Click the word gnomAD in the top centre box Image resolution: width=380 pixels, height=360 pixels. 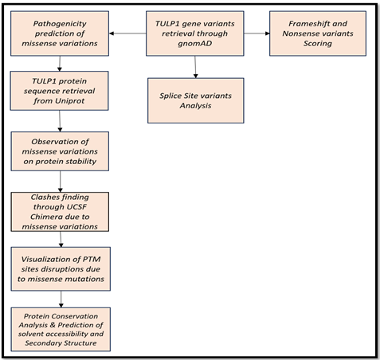click(195, 44)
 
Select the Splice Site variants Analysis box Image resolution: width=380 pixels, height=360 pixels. click(196, 100)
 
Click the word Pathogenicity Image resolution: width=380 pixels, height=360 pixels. click(60, 24)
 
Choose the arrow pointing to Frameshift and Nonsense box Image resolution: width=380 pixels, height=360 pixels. click(257, 33)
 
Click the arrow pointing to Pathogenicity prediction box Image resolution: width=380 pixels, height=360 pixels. click(127, 33)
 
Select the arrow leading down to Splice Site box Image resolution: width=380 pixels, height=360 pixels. click(195, 67)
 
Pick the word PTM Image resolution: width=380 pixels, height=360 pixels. click(92, 259)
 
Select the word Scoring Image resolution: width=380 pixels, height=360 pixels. click(318, 44)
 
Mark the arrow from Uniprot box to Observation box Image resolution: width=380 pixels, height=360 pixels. click(60, 121)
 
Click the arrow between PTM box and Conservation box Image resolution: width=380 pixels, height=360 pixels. click(61, 299)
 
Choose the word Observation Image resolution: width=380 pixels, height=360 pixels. click(60, 142)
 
